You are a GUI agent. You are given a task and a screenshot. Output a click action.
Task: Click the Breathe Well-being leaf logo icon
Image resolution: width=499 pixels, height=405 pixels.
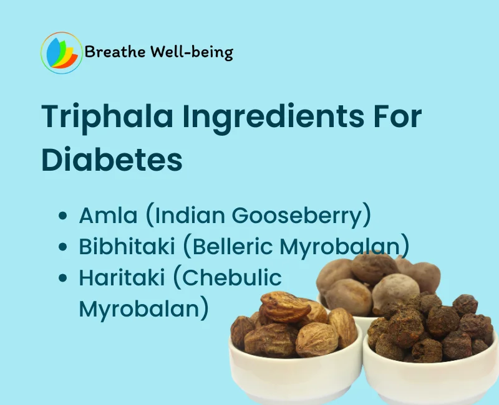(61, 53)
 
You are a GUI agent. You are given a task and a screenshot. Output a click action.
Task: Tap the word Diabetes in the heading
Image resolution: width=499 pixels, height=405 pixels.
(112, 160)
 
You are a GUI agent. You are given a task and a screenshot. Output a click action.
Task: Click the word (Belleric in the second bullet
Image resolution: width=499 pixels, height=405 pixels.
(228, 247)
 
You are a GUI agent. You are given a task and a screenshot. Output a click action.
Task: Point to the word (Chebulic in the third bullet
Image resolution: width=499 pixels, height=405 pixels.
(227, 278)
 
